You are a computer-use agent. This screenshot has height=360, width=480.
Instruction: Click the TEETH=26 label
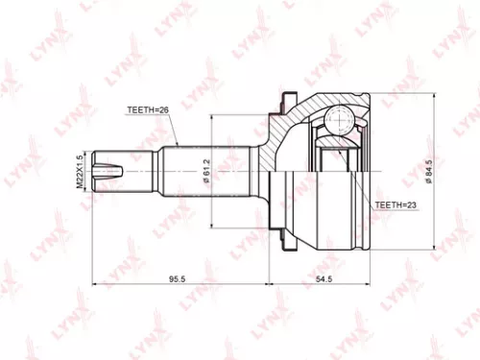pos(147,110)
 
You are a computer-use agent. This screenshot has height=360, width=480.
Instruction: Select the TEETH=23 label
pos(394,205)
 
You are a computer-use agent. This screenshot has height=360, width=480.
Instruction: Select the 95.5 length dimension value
pos(177,278)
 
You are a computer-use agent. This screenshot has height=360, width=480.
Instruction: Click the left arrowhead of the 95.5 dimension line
pos(94,285)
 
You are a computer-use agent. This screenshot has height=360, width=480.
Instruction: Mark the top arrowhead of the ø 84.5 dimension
pos(437,99)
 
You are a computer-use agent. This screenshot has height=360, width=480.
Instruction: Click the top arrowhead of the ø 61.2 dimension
pos(212,119)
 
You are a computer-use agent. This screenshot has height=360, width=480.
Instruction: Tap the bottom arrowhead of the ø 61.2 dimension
pos(212,228)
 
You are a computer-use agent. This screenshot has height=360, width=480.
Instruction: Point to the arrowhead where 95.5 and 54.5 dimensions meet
pos(269,285)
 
